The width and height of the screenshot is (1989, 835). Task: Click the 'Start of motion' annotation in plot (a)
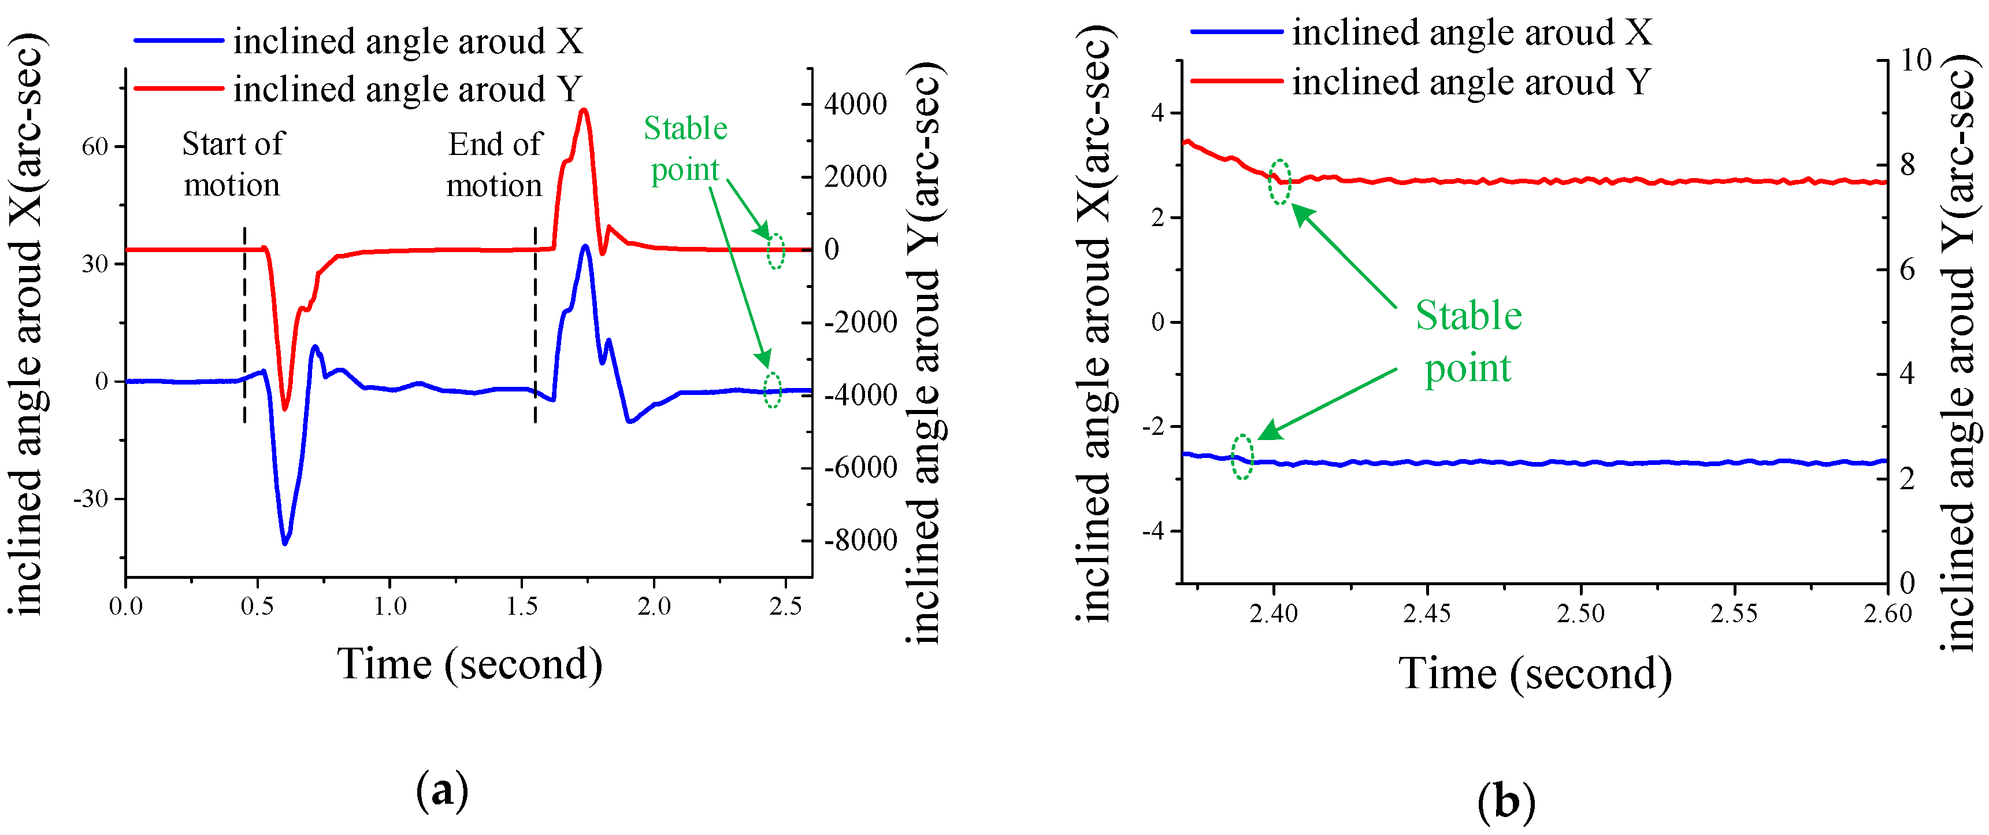pyautogui.click(x=232, y=165)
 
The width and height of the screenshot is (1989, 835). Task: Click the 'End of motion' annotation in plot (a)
pyautogui.click(x=495, y=165)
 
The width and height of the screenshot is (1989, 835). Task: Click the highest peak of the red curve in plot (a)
pyautogui.click(x=584, y=110)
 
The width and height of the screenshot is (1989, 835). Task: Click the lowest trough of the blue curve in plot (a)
pyautogui.click(x=285, y=544)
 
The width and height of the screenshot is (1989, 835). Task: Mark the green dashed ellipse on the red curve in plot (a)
pyautogui.click(x=776, y=251)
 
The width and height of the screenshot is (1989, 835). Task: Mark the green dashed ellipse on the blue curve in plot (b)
pyautogui.click(x=1242, y=457)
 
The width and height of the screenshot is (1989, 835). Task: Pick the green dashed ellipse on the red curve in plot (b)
pyautogui.click(x=1279, y=182)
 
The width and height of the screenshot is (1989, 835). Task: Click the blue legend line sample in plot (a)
pyautogui.click(x=179, y=40)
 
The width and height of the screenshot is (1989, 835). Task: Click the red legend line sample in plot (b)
pyautogui.click(x=1236, y=81)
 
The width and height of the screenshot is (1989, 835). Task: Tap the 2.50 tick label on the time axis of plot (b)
pyautogui.click(x=1580, y=614)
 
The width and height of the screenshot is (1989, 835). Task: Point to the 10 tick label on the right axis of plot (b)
pyautogui.click(x=1915, y=60)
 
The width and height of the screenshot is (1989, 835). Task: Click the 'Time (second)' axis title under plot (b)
pyautogui.click(x=1535, y=674)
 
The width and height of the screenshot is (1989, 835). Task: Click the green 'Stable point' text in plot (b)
pyautogui.click(x=1468, y=341)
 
